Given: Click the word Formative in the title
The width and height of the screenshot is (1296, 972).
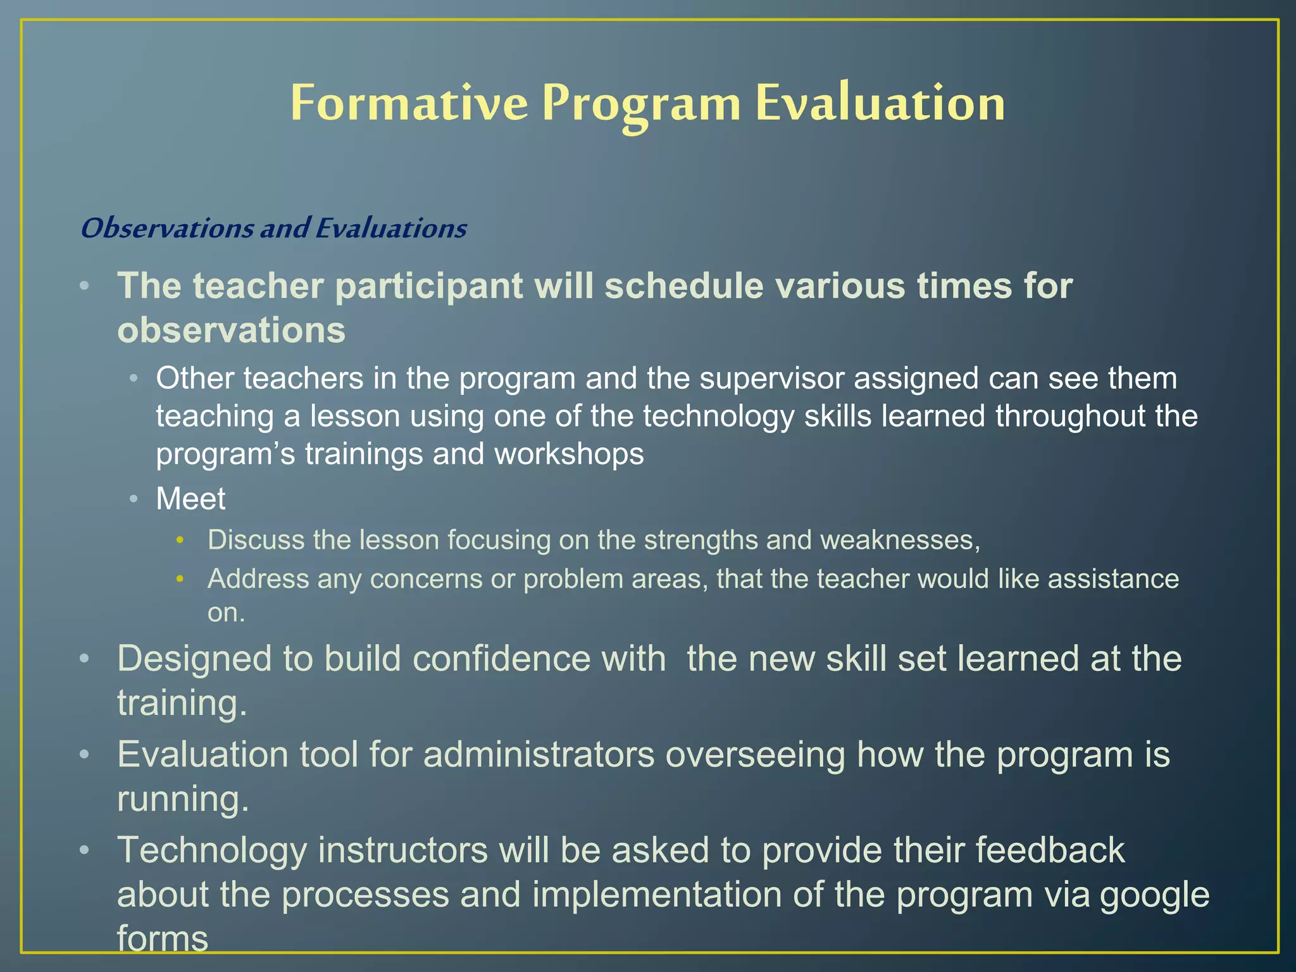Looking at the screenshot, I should (409, 103).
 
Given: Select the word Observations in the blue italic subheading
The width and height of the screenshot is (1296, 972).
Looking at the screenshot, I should (167, 228).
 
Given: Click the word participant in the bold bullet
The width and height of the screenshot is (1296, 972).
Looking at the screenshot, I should (428, 286).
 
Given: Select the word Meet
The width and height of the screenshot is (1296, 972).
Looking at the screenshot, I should (190, 499).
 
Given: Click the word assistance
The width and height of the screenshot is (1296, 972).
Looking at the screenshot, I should (1113, 578).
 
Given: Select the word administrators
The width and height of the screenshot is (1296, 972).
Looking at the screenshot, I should (539, 754).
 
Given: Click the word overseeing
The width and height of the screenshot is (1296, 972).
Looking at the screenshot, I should (756, 754).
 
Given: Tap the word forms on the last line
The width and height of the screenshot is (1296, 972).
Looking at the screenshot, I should (163, 938).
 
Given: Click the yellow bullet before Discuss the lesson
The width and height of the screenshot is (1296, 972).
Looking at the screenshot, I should (180, 540).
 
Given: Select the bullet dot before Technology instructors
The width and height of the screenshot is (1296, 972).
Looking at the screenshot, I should (84, 850).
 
